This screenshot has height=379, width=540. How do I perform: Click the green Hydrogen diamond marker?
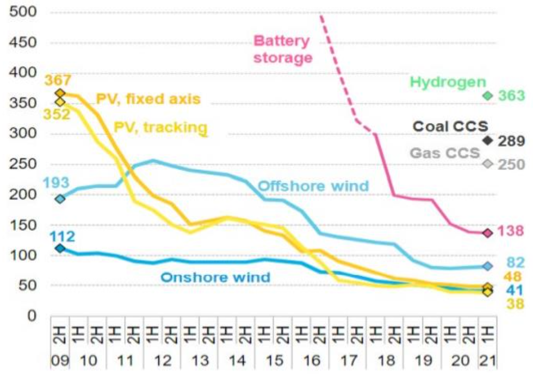pos(487,96)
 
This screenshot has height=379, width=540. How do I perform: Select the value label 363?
pos(511,96)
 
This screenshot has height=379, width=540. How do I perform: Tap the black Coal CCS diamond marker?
pos(487,140)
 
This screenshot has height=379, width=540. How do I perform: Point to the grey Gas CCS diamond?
pos(487,164)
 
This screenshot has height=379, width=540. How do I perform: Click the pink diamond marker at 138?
pos(487,233)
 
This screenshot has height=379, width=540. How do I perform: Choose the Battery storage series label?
pos(282,49)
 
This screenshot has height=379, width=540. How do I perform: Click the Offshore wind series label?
pos(313,186)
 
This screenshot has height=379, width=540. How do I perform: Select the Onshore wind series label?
pos(215,277)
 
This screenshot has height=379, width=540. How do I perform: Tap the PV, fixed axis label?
pos(148,99)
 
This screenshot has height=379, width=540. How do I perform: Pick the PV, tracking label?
pos(160,127)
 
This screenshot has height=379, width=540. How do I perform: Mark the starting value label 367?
pos(58,80)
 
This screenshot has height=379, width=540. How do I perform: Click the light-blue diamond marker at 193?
pos(60,199)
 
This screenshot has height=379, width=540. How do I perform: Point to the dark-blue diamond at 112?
pos(60,248)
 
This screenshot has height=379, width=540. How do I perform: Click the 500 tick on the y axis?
pos(23,12)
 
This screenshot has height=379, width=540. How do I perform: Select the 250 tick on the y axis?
pos(23,164)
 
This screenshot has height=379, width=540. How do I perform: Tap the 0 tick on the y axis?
pos(32,316)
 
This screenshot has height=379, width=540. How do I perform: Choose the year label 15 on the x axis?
pos(274,361)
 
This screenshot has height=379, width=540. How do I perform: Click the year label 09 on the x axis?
pos(60,361)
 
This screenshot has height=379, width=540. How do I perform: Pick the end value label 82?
pos(515,263)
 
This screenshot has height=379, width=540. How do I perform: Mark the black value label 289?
pos(511,141)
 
